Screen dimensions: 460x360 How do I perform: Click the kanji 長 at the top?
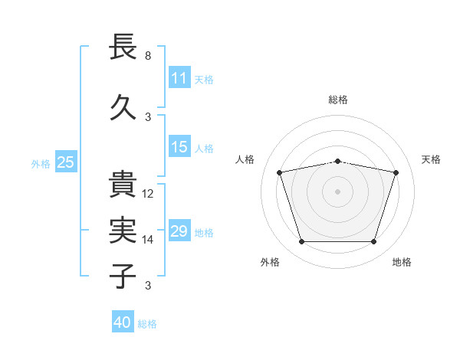pos(123,46)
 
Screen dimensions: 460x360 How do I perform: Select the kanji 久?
pos(123,107)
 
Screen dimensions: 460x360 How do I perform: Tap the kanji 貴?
pos(123,184)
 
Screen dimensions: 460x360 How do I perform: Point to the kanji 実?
pos(123,230)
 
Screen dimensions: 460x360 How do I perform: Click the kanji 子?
pos(123,276)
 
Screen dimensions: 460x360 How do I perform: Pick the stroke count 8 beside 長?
pos(148,56)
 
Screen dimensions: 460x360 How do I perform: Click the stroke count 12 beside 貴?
pos(147,194)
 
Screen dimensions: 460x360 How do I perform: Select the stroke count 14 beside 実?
pos(147,240)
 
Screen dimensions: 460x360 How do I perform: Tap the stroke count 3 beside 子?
pos(148,286)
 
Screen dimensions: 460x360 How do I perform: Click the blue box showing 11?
pos(179,77)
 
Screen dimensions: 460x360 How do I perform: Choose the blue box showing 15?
pos(179,146)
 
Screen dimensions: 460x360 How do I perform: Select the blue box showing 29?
pos(179,230)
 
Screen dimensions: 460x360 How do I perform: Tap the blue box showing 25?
pos(66,162)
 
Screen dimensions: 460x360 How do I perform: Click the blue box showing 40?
pos(123,321)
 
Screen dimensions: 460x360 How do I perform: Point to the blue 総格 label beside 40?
pos(147,324)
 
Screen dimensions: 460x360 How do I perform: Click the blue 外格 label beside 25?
pos(41,164)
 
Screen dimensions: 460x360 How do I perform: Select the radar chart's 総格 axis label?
pos(338,100)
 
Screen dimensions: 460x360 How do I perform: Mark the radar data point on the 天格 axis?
pos(396,172)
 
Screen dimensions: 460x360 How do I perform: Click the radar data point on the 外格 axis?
pos(302,241)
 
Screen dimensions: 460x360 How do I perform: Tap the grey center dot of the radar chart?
pos(337,191)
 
